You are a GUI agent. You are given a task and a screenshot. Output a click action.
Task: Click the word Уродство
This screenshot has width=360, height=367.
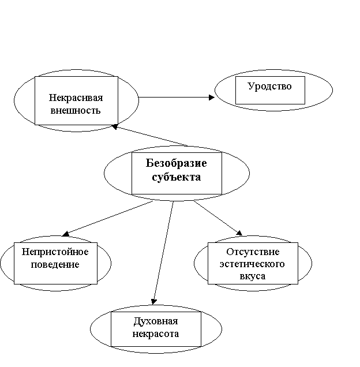coord(269,87)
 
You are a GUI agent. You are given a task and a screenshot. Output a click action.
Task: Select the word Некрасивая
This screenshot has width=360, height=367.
coord(76,98)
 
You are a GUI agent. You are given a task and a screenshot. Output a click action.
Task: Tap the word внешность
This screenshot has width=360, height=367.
coord(76,110)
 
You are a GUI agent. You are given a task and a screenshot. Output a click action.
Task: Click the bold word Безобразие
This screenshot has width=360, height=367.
coord(177,163)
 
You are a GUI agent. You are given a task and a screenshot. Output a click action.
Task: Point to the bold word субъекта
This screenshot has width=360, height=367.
coord(177,177)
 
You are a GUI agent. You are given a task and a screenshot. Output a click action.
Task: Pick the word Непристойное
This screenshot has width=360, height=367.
coord(55,252)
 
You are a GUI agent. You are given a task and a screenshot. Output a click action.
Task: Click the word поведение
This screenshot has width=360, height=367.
coord(55,264)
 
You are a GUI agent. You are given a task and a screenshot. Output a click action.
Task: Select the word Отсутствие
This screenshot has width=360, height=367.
coord(253,252)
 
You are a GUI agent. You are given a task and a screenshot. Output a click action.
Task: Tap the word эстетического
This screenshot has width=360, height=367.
coord(252,264)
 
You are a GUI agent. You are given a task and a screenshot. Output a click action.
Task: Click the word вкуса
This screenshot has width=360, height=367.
coord(253,276)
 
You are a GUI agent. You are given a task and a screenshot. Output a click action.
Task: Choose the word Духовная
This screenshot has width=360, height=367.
coord(156,321)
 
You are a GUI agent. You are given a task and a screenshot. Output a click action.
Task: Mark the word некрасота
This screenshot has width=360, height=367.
coord(156,334)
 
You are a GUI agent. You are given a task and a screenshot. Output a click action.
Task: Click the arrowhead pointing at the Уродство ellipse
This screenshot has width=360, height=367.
coord(212,98)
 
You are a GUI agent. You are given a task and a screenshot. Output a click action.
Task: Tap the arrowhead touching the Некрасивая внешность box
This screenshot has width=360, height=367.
coord(114,126)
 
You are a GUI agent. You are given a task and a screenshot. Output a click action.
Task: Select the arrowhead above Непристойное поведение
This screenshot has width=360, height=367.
coord(65,234)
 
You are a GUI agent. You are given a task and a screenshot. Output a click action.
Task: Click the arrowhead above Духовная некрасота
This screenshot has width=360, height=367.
coord(153,302)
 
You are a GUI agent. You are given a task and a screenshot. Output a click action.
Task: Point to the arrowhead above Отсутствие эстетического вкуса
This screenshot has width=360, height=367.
coord(239,233)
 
